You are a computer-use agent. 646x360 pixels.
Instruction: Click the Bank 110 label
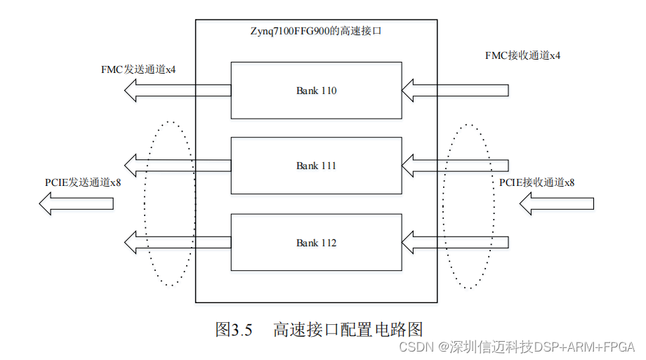[316, 91]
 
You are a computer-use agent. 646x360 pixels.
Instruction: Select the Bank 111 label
[316, 166]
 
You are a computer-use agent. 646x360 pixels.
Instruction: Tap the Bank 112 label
[316, 243]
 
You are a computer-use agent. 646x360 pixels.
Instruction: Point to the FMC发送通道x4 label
[138, 70]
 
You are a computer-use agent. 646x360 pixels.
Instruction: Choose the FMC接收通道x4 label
[522, 55]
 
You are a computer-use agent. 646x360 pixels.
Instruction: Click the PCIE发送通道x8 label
[83, 182]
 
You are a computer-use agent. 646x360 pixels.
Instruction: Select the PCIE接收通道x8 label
[536, 182]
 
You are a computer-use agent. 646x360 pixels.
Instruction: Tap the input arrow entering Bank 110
[455, 90]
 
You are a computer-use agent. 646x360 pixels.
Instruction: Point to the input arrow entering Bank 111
[455, 166]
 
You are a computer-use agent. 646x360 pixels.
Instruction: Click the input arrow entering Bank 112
[455, 243]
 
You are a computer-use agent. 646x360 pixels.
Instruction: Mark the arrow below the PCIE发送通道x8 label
[76, 204]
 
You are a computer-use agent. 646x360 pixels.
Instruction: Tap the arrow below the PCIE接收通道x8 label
[556, 204]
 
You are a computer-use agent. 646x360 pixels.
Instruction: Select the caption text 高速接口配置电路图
[348, 329]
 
